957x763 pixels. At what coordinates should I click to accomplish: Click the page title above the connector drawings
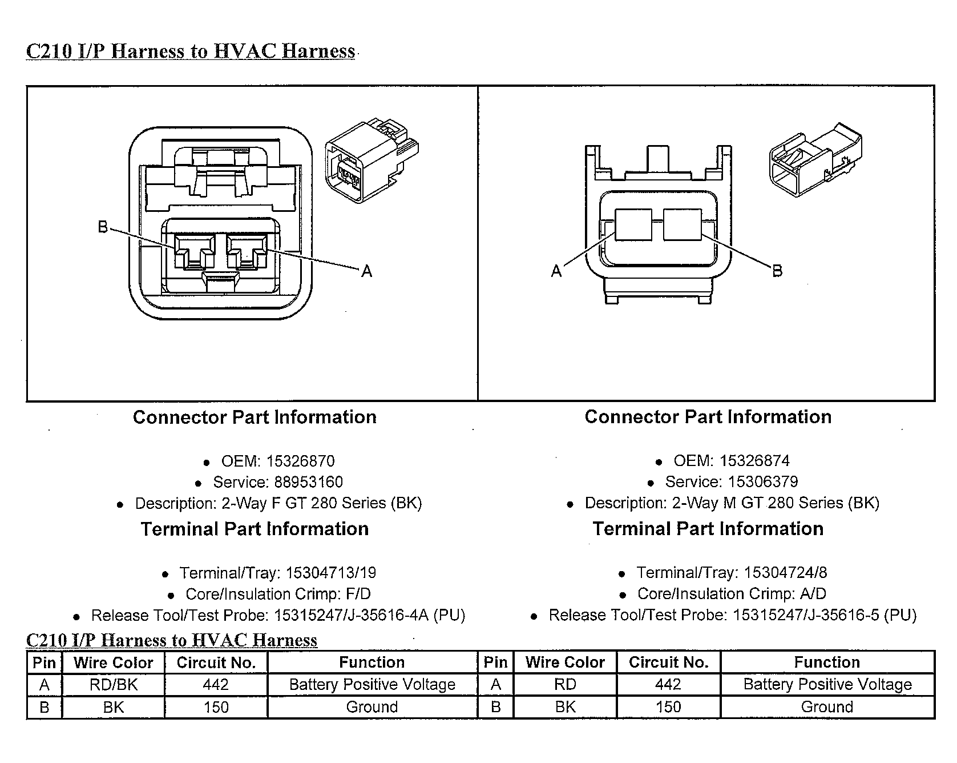(191, 51)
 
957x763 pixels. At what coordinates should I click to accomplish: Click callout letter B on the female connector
(103, 227)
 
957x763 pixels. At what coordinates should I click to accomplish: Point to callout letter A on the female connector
(367, 271)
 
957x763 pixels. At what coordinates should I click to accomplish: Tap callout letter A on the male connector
(556, 271)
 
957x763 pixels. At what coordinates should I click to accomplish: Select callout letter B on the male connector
(777, 271)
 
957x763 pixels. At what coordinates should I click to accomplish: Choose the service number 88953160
(309, 482)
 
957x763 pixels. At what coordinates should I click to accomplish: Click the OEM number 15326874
(755, 460)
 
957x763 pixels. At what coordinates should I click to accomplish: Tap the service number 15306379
(764, 481)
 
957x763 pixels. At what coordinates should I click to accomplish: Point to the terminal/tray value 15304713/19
(331, 572)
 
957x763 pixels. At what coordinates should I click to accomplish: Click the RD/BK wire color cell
(114, 684)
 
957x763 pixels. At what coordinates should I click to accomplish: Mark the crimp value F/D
(358, 594)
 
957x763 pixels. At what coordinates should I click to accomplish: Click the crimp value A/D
(813, 593)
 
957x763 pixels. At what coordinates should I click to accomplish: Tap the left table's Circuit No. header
(216, 662)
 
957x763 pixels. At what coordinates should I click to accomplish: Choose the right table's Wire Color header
(565, 662)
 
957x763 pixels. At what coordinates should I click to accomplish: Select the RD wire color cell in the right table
(565, 684)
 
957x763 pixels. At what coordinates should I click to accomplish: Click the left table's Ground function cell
(372, 707)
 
